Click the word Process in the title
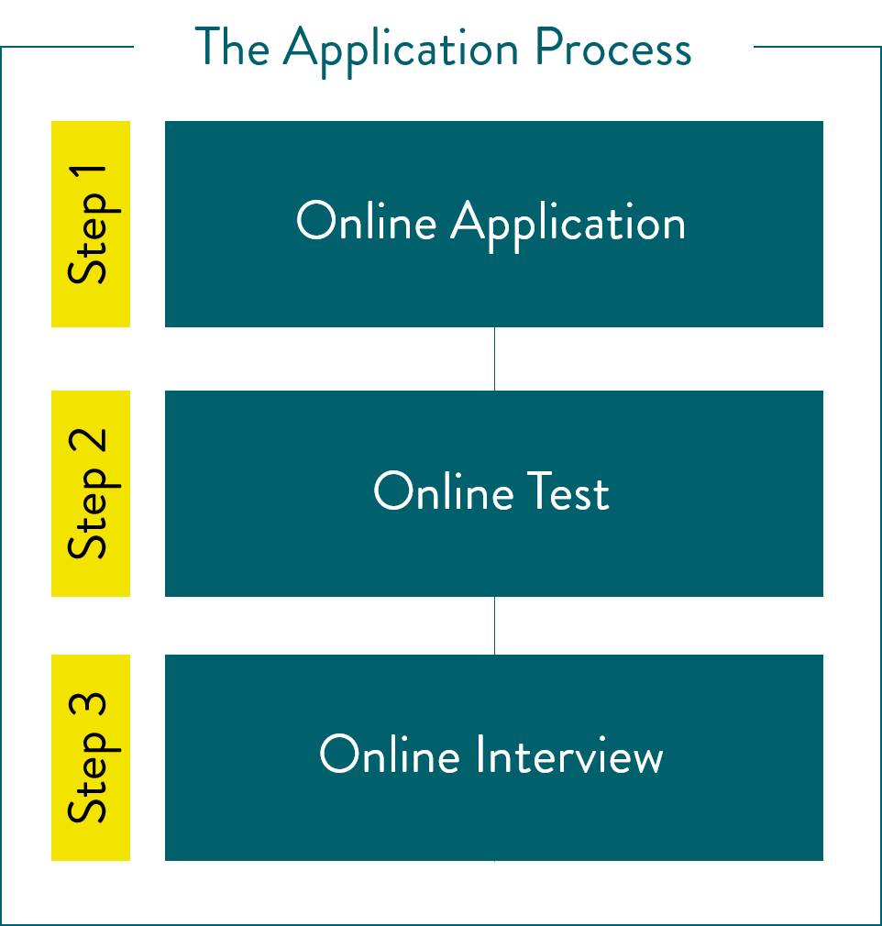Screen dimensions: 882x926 click(613, 48)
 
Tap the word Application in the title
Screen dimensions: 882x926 click(402, 51)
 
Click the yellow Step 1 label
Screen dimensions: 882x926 click(91, 224)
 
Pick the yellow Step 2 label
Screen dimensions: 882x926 click(91, 493)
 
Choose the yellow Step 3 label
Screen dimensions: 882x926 click(91, 757)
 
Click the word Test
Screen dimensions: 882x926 click(568, 491)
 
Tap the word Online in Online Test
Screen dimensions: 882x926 click(444, 491)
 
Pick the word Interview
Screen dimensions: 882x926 click(569, 755)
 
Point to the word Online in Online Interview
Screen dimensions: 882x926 click(390, 754)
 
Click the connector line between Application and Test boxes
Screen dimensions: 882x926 click(494, 358)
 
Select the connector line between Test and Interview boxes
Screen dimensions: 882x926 click(494, 625)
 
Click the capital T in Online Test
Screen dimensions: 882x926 click(540, 491)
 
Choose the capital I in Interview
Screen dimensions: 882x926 click(480, 754)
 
